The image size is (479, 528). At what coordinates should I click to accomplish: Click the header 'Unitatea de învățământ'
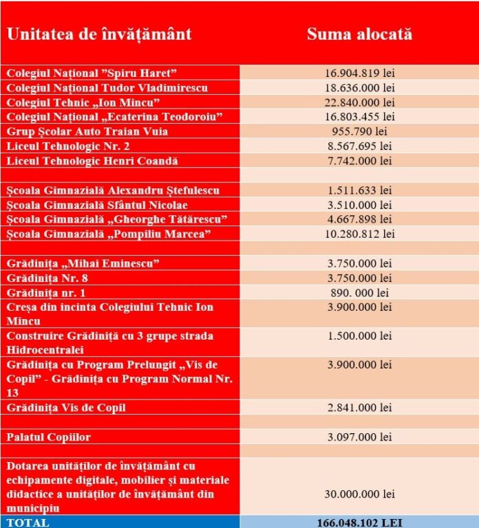(x=99, y=34)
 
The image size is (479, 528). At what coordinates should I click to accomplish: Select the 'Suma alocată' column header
(x=359, y=34)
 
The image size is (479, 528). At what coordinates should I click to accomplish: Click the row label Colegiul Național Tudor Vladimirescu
(x=107, y=88)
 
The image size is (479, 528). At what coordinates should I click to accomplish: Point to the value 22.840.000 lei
(x=359, y=102)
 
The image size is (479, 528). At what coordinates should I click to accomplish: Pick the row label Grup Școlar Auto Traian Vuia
(x=87, y=131)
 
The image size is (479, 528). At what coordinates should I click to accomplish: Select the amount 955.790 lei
(x=359, y=131)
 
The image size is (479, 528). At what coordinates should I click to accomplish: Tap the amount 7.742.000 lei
(x=359, y=161)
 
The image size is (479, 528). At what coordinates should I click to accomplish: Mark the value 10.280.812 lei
(x=359, y=234)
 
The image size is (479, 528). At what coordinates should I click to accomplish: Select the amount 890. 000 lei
(x=359, y=292)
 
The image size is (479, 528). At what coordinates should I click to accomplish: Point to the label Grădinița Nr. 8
(x=47, y=278)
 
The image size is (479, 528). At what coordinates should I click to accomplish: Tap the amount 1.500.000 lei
(x=359, y=336)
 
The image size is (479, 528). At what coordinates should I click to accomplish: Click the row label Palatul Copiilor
(x=49, y=437)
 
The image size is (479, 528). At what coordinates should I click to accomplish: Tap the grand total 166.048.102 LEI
(x=359, y=522)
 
